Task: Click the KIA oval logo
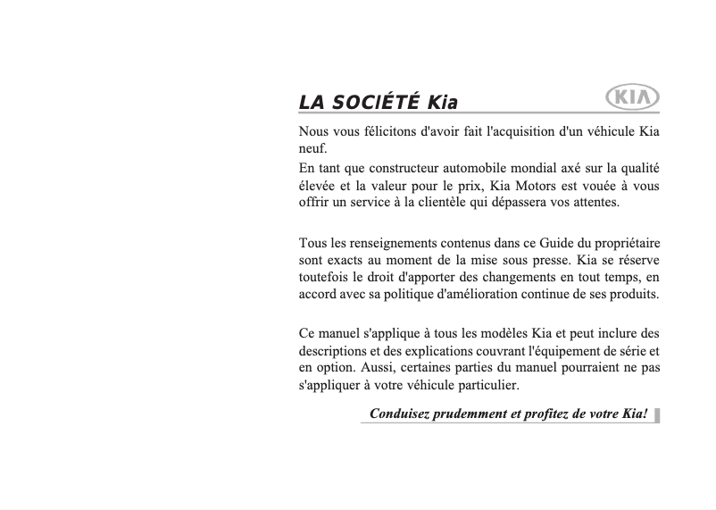[x=632, y=97]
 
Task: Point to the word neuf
[x=312, y=148]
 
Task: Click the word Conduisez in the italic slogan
[x=399, y=414]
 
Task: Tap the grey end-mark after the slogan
[x=657, y=414]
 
